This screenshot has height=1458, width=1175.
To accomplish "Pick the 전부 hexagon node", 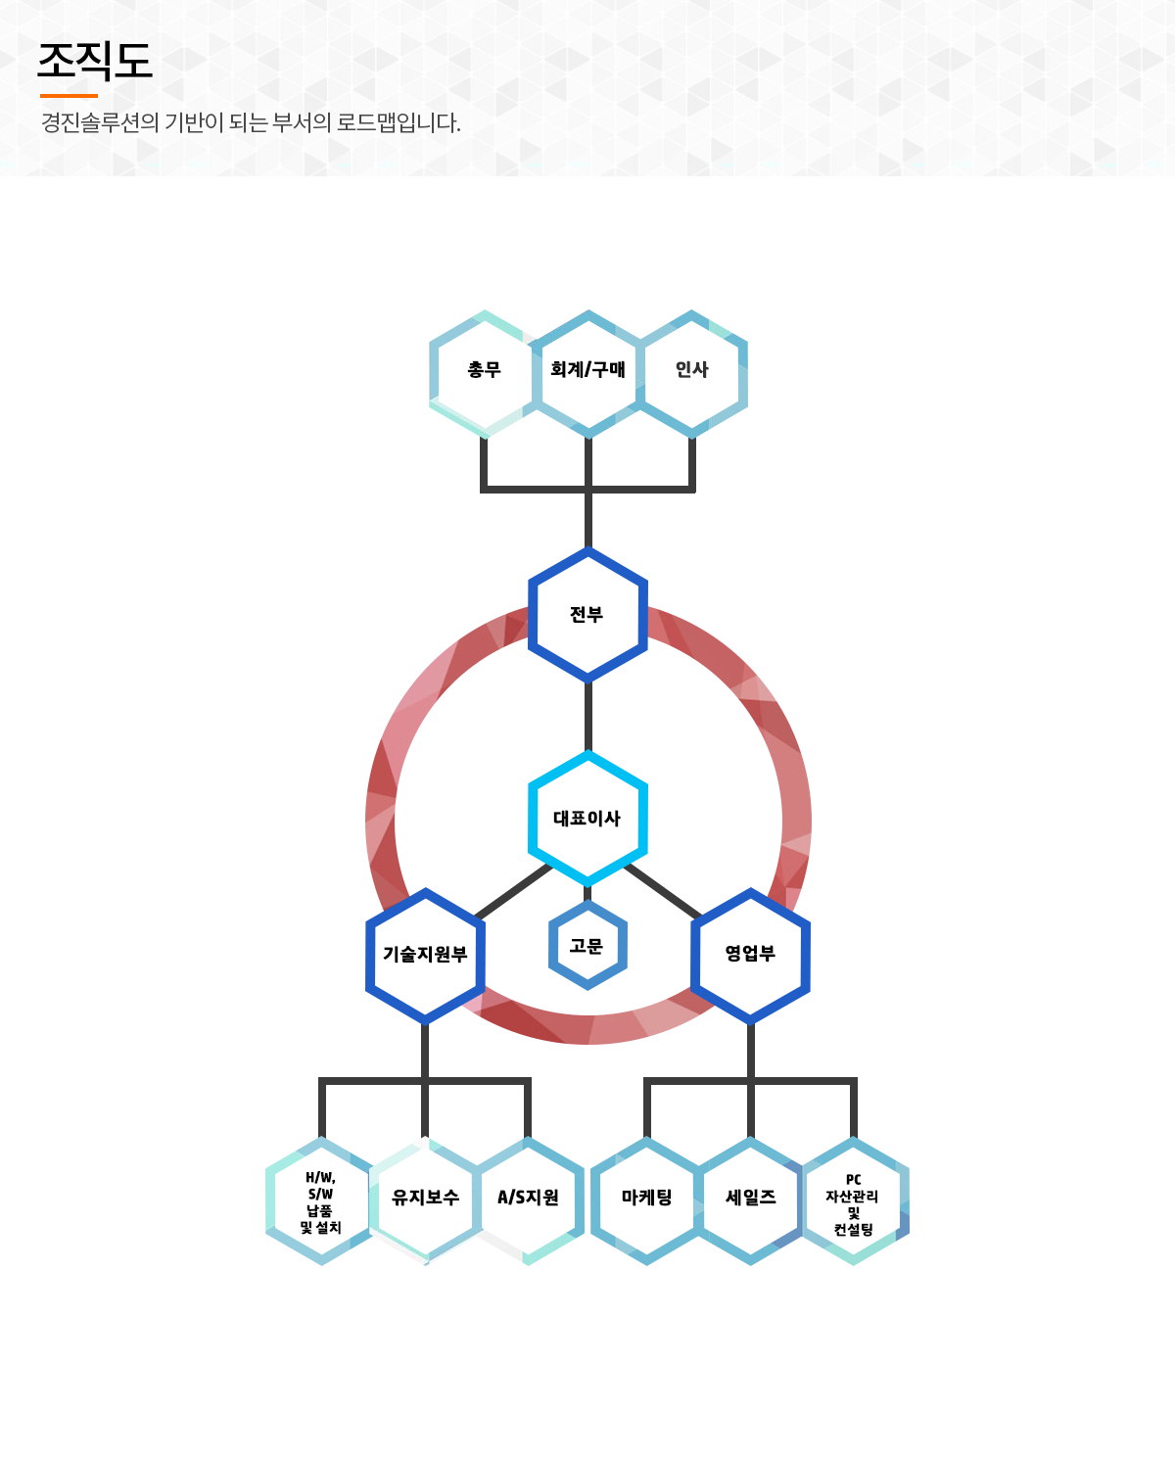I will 587,615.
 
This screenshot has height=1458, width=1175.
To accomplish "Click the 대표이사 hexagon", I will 587,819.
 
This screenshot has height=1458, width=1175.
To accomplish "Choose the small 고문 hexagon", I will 587,946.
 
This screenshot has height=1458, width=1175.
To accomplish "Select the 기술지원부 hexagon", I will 425,955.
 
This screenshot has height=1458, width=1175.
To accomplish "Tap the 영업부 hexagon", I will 750,955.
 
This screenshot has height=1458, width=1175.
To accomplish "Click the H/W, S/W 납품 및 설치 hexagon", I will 321,1201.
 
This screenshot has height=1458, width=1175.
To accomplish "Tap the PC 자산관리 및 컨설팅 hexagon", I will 853,1203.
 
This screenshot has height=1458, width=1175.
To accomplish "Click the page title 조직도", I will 95,62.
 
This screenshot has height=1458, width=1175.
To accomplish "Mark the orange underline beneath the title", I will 69,96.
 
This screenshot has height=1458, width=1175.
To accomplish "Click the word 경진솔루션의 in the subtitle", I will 100,123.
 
